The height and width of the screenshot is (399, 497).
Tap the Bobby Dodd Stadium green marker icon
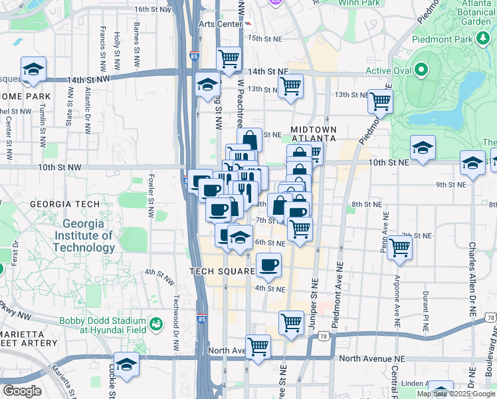156,325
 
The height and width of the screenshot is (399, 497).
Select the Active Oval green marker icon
421,70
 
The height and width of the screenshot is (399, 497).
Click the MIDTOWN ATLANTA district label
314,134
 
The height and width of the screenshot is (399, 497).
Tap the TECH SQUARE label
223,271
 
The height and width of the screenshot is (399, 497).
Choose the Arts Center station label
220,24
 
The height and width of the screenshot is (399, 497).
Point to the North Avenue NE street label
371,358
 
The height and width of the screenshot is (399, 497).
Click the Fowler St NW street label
151,198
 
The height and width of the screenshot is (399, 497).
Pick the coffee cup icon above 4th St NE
268,265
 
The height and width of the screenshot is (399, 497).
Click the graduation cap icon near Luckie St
126,364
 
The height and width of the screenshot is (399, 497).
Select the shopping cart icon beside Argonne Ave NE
399,247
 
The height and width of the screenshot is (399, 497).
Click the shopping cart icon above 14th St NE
229,58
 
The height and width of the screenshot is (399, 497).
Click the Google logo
23,391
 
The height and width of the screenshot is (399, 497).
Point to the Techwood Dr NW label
177,314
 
